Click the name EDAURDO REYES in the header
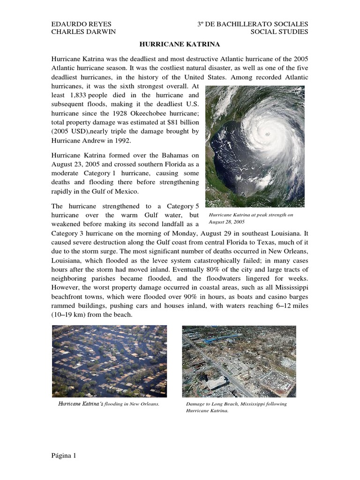pyautogui.click(x=78, y=23)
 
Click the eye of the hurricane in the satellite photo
pyautogui.click(x=268, y=134)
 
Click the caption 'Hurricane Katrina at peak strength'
pyautogui.click(x=251, y=215)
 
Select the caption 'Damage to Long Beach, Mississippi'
pyautogui.click(x=236, y=404)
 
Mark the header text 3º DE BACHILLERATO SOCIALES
pyautogui.click(x=253, y=23)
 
